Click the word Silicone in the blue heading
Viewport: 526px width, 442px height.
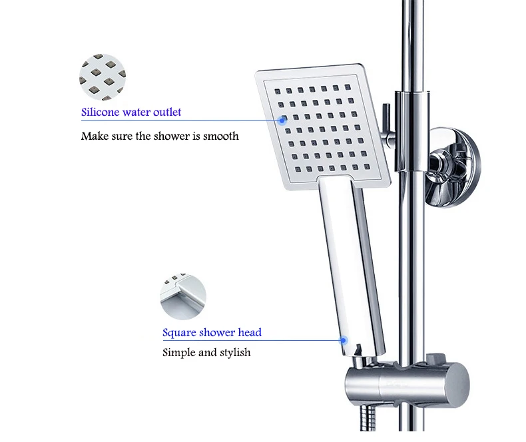pyautogui.click(x=101, y=112)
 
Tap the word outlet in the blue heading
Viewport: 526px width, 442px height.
pyautogui.click(x=167, y=112)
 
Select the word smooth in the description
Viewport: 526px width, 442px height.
pyautogui.click(x=221, y=136)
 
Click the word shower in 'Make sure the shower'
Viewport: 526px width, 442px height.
pyautogui.click(x=172, y=136)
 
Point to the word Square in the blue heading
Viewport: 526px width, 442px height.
pyautogui.click(x=179, y=333)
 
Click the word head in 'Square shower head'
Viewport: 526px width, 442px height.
pyautogui.click(x=250, y=332)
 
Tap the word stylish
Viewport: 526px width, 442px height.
pyautogui.click(x=235, y=352)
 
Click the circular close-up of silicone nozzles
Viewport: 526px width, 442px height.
pyautogui.click(x=103, y=77)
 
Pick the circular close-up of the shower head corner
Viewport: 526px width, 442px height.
pyautogui.click(x=183, y=296)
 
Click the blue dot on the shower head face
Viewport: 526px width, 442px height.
pyautogui.click(x=282, y=120)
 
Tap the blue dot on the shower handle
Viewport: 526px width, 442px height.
pyautogui.click(x=343, y=340)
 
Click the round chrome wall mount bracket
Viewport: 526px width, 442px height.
pyautogui.click(x=453, y=166)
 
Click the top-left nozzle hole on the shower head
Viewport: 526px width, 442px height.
pyautogui.click(x=278, y=91)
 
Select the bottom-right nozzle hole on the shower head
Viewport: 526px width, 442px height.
pyautogui.click(x=367, y=166)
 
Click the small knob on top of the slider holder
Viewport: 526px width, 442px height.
pyautogui.click(x=436, y=358)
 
